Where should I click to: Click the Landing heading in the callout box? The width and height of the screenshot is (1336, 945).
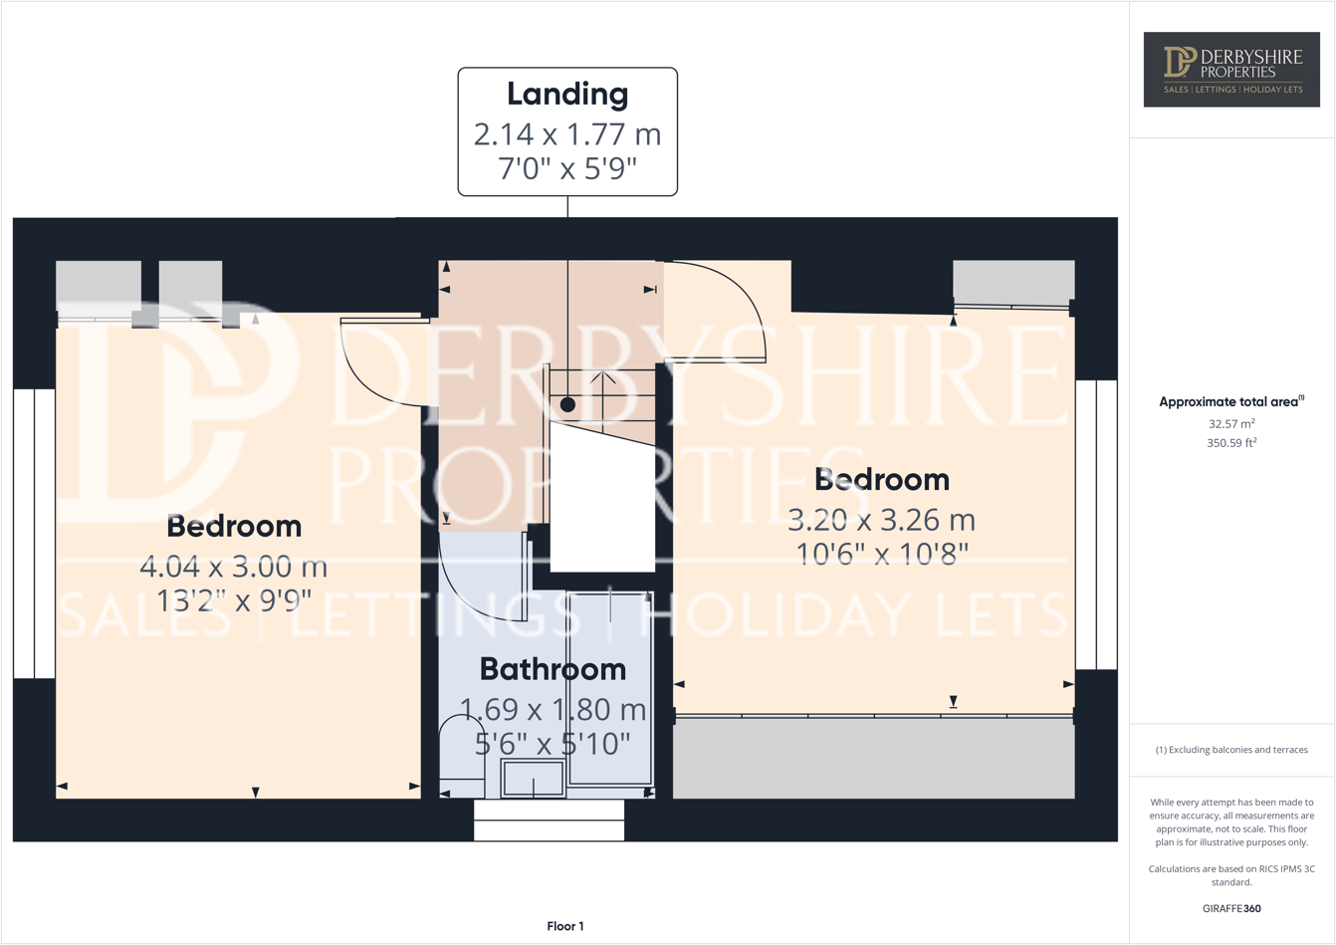[x=567, y=94]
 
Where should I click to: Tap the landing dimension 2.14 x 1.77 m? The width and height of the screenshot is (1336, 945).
[x=567, y=133]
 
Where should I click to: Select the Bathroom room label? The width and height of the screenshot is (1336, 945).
[x=553, y=669]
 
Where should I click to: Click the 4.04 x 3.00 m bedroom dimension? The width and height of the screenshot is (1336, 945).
[x=234, y=567]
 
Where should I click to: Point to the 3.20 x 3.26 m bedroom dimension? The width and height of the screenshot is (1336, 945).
[x=881, y=520]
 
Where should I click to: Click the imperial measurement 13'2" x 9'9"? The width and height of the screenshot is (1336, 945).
[x=234, y=600]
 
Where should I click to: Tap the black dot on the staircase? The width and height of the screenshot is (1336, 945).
[x=567, y=404]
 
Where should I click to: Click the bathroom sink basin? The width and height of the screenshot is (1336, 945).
[x=533, y=779]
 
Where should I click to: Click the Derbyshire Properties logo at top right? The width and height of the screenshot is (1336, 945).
[x=1231, y=70]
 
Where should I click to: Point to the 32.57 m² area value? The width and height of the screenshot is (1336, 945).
[x=1231, y=423]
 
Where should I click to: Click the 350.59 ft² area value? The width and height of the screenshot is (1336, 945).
[x=1231, y=443]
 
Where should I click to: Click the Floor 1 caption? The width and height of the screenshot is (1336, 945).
[x=565, y=926]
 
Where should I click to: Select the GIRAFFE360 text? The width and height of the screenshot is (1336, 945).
[x=1231, y=908]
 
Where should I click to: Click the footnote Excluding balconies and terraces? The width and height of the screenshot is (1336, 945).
[x=1231, y=750]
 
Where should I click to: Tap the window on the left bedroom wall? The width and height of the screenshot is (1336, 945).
[x=34, y=534]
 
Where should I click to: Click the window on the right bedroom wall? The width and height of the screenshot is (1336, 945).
[x=1096, y=525]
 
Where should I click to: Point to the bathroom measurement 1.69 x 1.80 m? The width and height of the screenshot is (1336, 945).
[x=553, y=710]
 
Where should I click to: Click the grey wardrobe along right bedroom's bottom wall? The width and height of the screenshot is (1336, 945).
[x=873, y=758]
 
